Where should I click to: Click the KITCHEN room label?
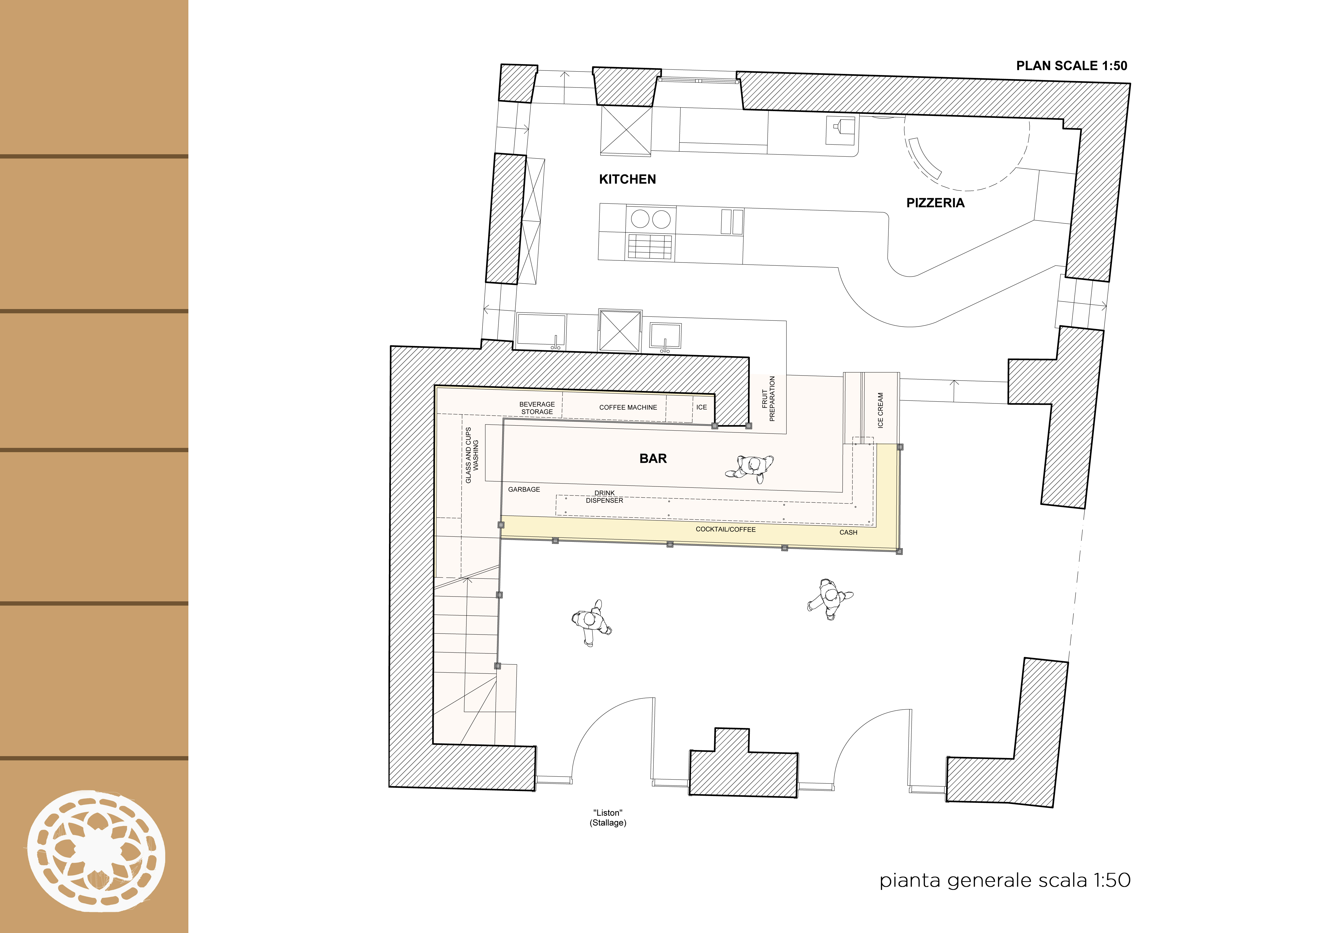click(627, 179)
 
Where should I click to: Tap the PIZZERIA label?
click(935, 203)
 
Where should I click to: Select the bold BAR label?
click(653, 459)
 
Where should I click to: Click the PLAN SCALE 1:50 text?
click(1072, 65)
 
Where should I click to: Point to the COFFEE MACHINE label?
click(628, 407)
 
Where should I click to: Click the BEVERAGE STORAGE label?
click(537, 408)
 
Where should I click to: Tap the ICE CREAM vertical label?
click(880, 410)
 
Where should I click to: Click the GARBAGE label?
click(524, 489)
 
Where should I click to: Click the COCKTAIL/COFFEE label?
click(726, 529)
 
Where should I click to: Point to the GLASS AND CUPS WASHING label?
click(472, 455)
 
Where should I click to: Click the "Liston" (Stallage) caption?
click(608, 818)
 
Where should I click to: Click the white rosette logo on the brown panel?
click(96, 851)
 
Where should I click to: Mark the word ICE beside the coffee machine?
click(701, 407)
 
